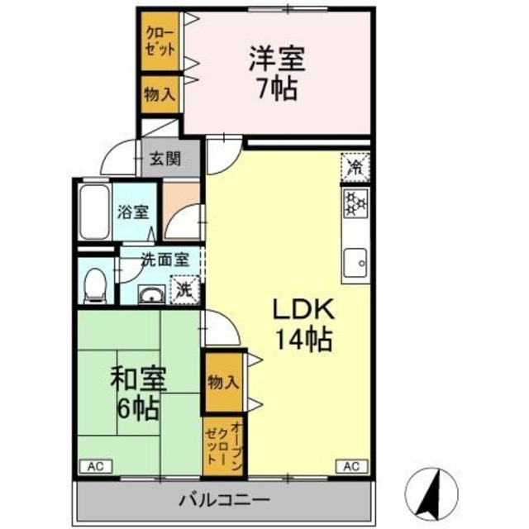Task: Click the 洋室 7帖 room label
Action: click(x=278, y=73)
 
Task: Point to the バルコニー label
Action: click(x=222, y=500)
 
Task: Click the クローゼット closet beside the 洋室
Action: click(x=160, y=41)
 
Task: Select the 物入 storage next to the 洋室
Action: click(x=160, y=94)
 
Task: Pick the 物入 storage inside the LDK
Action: click(x=223, y=382)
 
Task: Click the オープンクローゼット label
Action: click(x=223, y=446)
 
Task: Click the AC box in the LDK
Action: click(x=350, y=466)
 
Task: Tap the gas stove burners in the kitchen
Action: click(x=356, y=203)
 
